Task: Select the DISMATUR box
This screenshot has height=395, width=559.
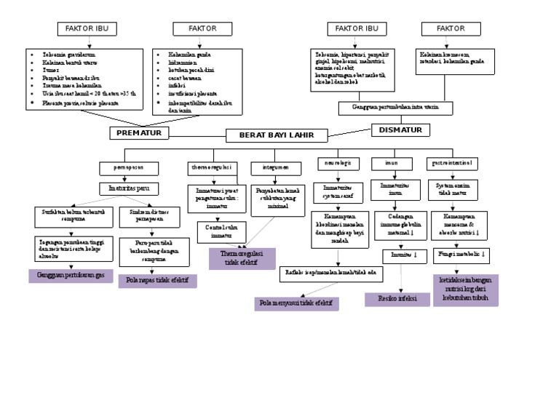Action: (401, 130)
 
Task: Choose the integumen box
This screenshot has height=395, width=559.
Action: (271, 167)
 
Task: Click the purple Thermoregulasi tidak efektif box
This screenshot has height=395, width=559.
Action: (242, 258)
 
